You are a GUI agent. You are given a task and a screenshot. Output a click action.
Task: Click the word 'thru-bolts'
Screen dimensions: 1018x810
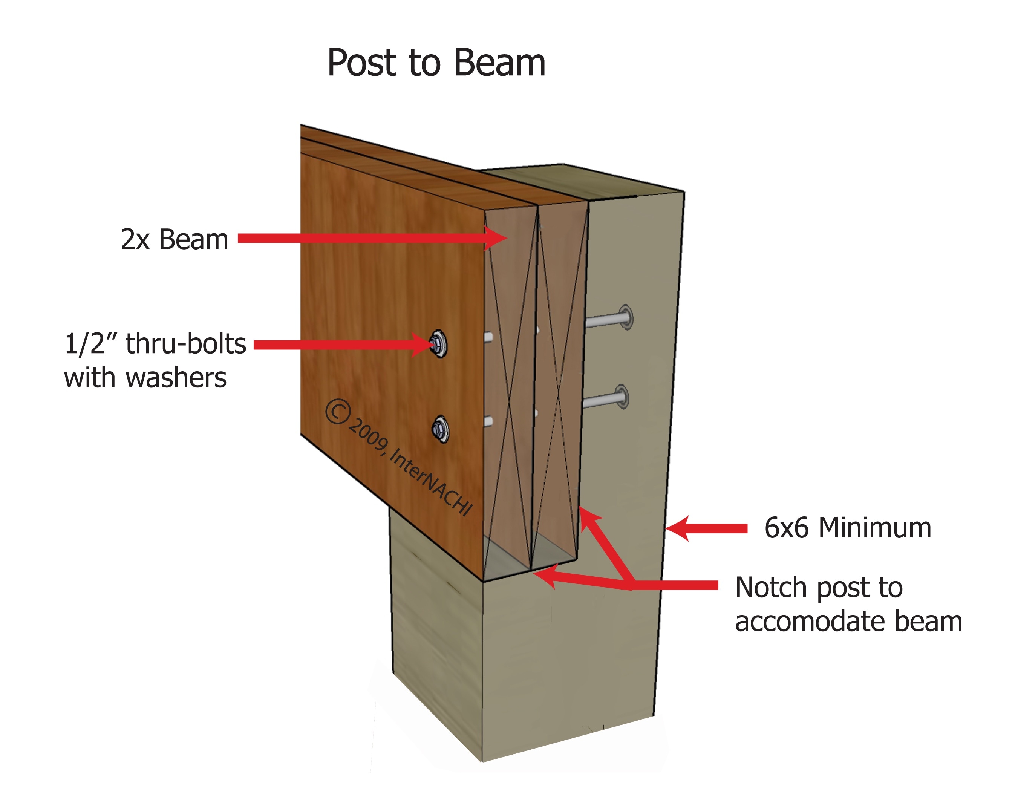click(x=185, y=343)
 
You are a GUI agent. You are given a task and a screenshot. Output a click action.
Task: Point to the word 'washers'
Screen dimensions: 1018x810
click(x=176, y=378)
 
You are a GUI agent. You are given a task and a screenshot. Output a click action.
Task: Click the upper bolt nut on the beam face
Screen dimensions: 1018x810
click(x=438, y=343)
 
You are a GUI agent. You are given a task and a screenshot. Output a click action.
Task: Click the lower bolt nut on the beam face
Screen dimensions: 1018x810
click(x=440, y=429)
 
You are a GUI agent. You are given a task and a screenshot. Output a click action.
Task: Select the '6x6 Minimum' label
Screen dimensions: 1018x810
click(x=848, y=528)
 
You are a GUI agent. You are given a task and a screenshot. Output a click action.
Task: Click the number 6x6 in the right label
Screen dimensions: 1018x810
click(x=787, y=528)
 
